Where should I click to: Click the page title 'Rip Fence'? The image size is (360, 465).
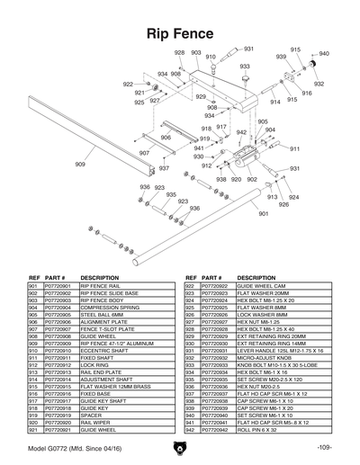point(180,33)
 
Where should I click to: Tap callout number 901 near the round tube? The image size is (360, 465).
point(263,214)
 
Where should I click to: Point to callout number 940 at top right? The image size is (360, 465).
point(324,54)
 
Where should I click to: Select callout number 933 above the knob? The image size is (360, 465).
point(245,67)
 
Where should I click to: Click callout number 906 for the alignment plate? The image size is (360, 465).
point(166,138)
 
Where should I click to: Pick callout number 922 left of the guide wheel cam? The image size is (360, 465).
point(128,84)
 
